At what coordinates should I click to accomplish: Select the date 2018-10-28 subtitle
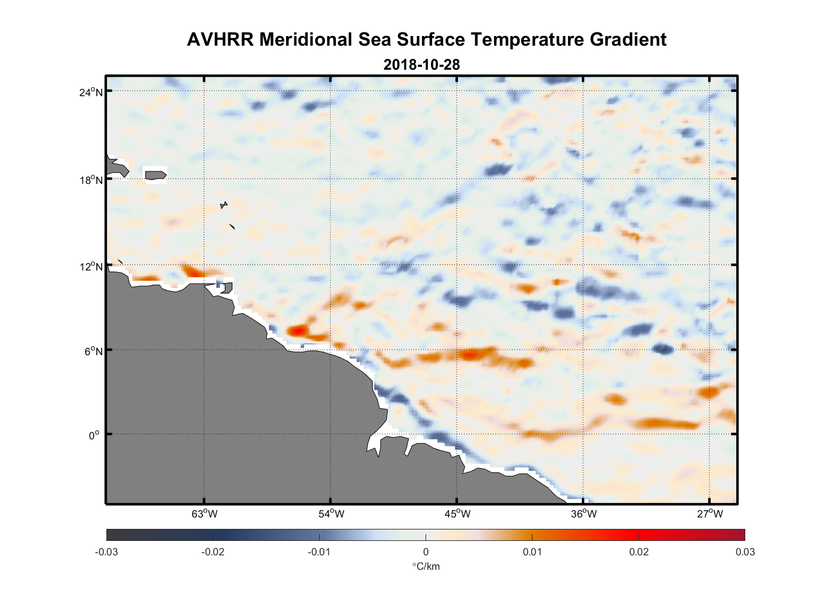(x=421, y=64)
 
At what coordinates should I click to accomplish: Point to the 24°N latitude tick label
(x=91, y=92)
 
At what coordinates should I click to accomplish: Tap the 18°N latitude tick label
(x=91, y=180)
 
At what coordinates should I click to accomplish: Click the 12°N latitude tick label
(x=91, y=266)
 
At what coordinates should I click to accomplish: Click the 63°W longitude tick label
(x=204, y=514)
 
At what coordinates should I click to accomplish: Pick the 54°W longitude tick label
(x=331, y=514)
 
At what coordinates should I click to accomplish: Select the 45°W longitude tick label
(x=457, y=514)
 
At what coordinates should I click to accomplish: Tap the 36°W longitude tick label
(x=584, y=514)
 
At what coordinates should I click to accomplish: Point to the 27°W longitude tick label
(x=710, y=514)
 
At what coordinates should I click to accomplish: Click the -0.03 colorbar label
(x=106, y=552)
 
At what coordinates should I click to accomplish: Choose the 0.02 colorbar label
(x=639, y=552)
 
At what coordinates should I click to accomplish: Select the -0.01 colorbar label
(x=319, y=552)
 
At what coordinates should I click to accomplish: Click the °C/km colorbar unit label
(x=426, y=566)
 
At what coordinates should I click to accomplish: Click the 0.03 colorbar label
(x=745, y=552)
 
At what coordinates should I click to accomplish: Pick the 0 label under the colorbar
(x=426, y=552)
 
